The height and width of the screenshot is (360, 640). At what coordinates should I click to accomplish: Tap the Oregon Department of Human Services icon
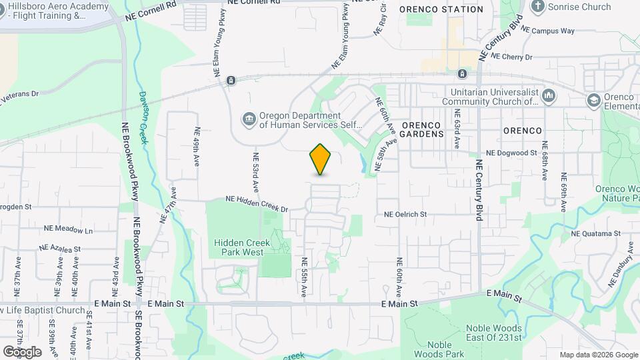[249, 119]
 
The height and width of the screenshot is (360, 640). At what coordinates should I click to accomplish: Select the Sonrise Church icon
[538, 7]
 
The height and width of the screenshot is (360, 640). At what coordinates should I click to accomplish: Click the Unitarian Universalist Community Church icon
[549, 97]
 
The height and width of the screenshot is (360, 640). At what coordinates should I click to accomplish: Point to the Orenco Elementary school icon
[593, 101]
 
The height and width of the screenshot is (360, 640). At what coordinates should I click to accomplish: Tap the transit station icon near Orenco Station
[462, 73]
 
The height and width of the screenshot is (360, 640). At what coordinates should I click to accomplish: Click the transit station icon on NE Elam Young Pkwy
[231, 81]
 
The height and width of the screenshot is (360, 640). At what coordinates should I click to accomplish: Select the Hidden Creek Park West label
[249, 247]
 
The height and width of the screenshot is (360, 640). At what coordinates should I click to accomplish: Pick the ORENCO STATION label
[441, 9]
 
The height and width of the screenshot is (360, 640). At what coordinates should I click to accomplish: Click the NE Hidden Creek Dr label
[257, 203]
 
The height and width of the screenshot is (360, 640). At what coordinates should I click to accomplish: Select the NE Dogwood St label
[511, 153]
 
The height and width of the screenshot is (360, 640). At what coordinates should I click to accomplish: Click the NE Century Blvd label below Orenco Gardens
[479, 189]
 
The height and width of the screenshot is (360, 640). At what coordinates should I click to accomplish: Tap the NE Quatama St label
[595, 233]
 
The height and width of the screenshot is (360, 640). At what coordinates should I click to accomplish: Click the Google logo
[22, 351]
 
